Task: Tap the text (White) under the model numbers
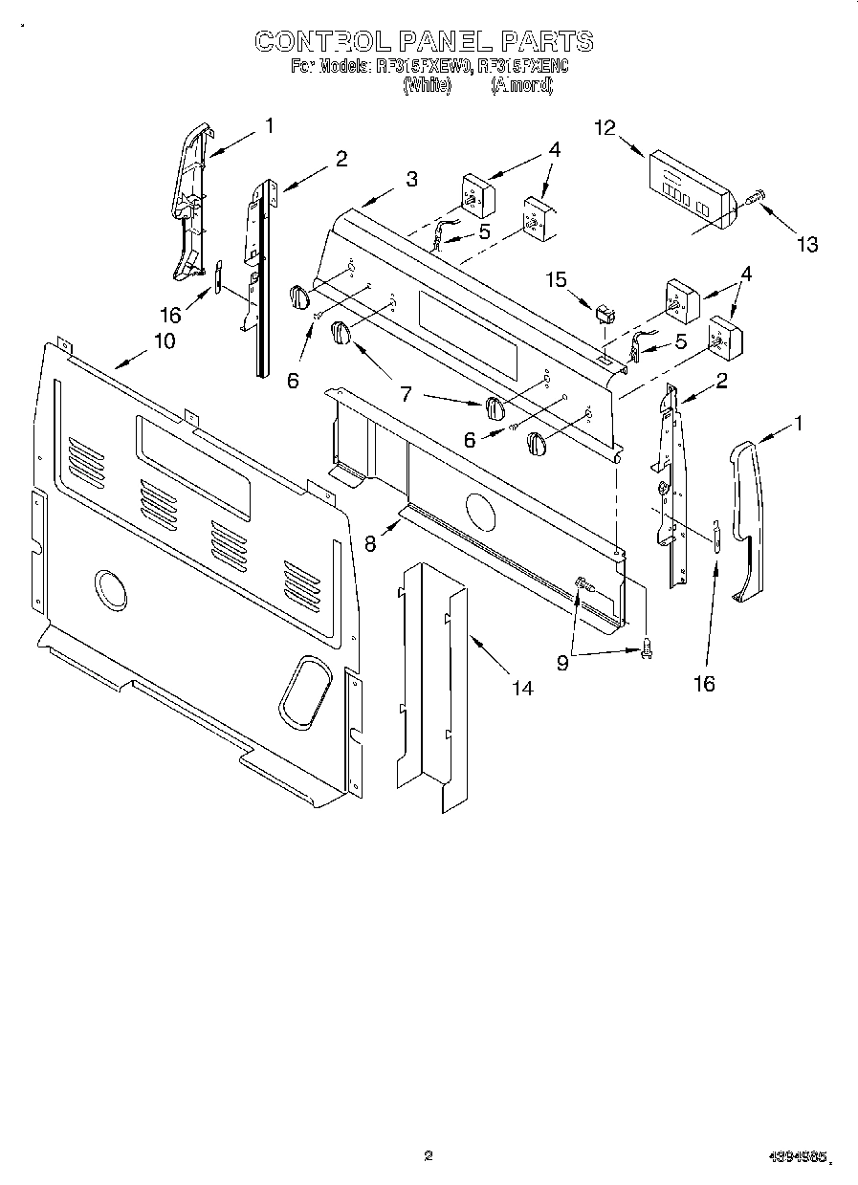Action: [426, 85]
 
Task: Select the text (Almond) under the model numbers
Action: [521, 85]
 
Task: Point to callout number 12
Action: [605, 128]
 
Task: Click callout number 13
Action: [807, 245]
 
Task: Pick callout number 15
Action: [556, 279]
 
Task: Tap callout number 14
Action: [522, 688]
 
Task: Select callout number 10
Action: [165, 341]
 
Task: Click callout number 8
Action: [371, 542]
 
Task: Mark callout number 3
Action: [410, 179]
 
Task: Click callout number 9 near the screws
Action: [562, 663]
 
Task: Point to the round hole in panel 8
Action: [474, 511]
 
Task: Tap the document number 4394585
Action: [797, 1157]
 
